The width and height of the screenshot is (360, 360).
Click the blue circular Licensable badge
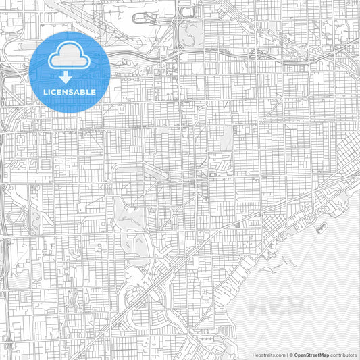click(70, 72)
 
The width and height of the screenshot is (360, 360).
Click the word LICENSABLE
click(70, 91)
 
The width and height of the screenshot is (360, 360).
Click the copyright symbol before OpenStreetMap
click(290, 354)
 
